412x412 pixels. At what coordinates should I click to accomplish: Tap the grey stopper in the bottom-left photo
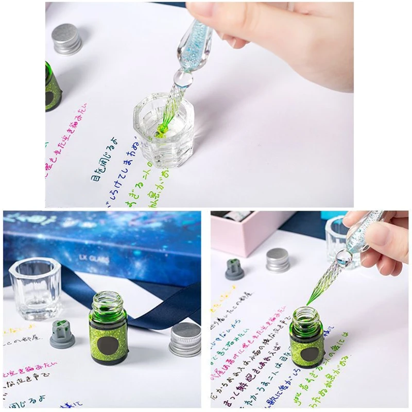click(62, 333)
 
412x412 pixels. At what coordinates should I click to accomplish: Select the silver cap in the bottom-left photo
click(185, 339)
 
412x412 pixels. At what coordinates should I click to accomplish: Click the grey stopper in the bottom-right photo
click(235, 269)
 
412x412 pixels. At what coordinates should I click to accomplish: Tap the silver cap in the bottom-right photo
click(278, 260)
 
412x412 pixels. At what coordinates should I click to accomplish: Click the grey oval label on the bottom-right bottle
click(311, 355)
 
